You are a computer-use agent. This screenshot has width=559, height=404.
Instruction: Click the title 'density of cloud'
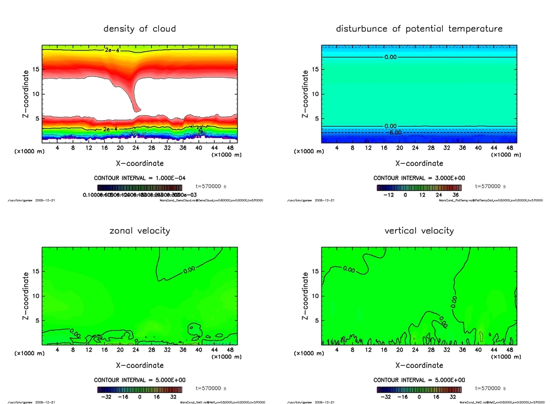(x=140, y=28)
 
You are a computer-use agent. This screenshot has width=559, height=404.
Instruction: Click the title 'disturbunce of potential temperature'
(x=419, y=28)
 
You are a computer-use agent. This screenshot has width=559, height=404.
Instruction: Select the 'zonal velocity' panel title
(x=140, y=230)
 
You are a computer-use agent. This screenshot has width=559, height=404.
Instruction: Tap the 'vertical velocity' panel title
(x=419, y=230)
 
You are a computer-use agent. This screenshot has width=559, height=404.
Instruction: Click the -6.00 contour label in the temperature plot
(x=394, y=132)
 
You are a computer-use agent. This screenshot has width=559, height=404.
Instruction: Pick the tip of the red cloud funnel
(x=136, y=110)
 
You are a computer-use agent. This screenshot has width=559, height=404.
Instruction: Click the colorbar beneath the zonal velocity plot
(x=140, y=390)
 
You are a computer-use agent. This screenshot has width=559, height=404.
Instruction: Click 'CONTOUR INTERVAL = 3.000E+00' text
(x=419, y=178)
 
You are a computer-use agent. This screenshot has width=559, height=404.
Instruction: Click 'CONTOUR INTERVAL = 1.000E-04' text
(x=140, y=178)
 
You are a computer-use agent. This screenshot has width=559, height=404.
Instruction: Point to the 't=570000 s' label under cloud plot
(x=211, y=186)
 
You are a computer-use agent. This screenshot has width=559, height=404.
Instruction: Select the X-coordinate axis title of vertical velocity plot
(x=419, y=365)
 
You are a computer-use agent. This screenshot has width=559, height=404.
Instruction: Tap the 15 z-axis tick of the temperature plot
(x=315, y=69)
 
